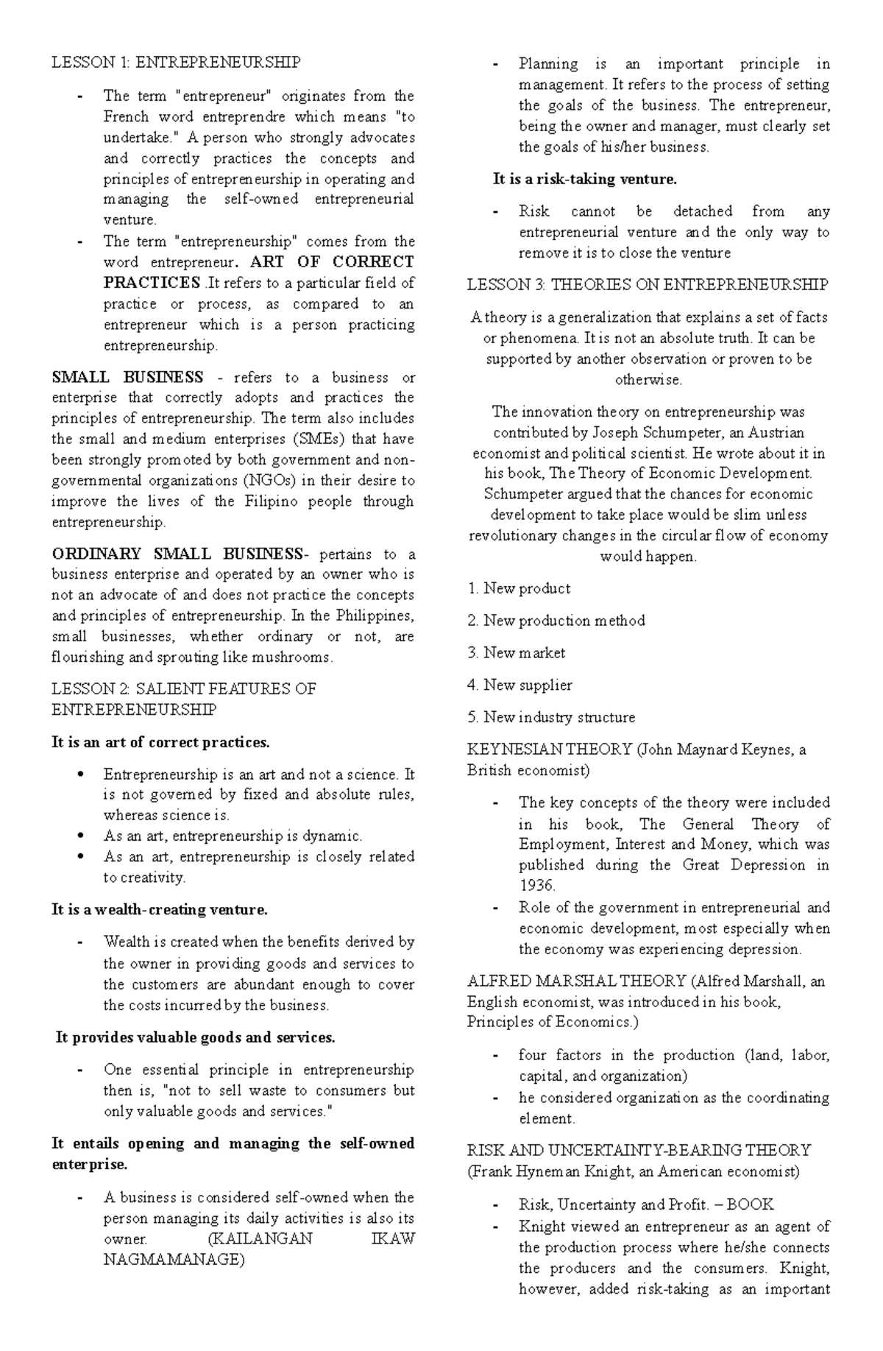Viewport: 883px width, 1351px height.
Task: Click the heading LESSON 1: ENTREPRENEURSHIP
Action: pyautogui.click(x=176, y=63)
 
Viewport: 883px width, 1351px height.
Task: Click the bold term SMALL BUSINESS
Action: pyautogui.click(x=127, y=378)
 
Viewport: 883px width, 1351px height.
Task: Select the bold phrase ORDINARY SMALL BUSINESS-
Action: pyautogui.click(x=177, y=554)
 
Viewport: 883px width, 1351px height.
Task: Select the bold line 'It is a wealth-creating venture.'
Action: pyautogui.click(x=160, y=910)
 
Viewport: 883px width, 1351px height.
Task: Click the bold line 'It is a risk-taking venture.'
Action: pyautogui.click(x=584, y=179)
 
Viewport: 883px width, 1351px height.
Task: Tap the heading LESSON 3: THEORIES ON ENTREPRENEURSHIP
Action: pyautogui.click(x=648, y=285)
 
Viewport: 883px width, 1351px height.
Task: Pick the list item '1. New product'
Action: pyautogui.click(x=519, y=588)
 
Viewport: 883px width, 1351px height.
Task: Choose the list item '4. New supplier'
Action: pyautogui.click(x=519, y=685)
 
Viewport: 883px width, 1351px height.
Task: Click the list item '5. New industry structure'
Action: pyautogui.click(x=550, y=717)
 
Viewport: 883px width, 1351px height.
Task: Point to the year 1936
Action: pyautogui.click(x=537, y=886)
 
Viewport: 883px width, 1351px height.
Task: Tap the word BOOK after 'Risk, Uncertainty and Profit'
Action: pyautogui.click(x=752, y=1205)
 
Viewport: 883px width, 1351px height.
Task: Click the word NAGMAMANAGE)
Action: pyautogui.click(x=173, y=1260)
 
